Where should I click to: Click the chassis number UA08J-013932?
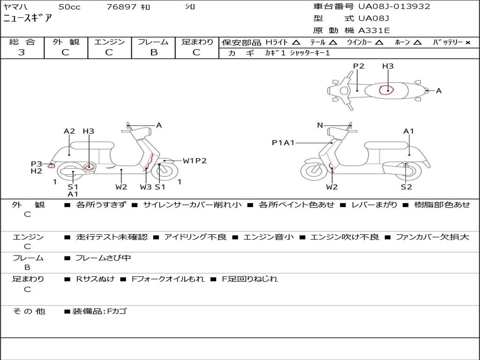tap(394, 6)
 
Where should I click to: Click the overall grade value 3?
tap(22, 52)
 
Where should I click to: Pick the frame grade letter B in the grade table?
tap(154, 52)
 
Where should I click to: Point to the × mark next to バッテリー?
tap(467, 43)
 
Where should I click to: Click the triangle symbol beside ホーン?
tap(417, 43)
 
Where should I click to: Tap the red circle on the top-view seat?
tap(386, 90)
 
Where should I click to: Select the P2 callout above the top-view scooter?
tap(359, 66)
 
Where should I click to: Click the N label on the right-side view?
tap(320, 125)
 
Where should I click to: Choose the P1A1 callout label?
tap(283, 142)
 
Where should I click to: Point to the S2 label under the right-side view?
tap(406, 187)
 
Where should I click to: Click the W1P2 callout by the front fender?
tap(195, 161)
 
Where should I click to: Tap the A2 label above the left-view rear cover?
tap(69, 131)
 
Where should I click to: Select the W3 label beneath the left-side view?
tap(146, 187)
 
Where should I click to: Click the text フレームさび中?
tap(103, 258)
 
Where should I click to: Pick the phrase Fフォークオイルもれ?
tap(168, 279)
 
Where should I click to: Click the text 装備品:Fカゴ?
tap(99, 311)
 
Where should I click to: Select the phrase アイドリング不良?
tap(195, 237)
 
